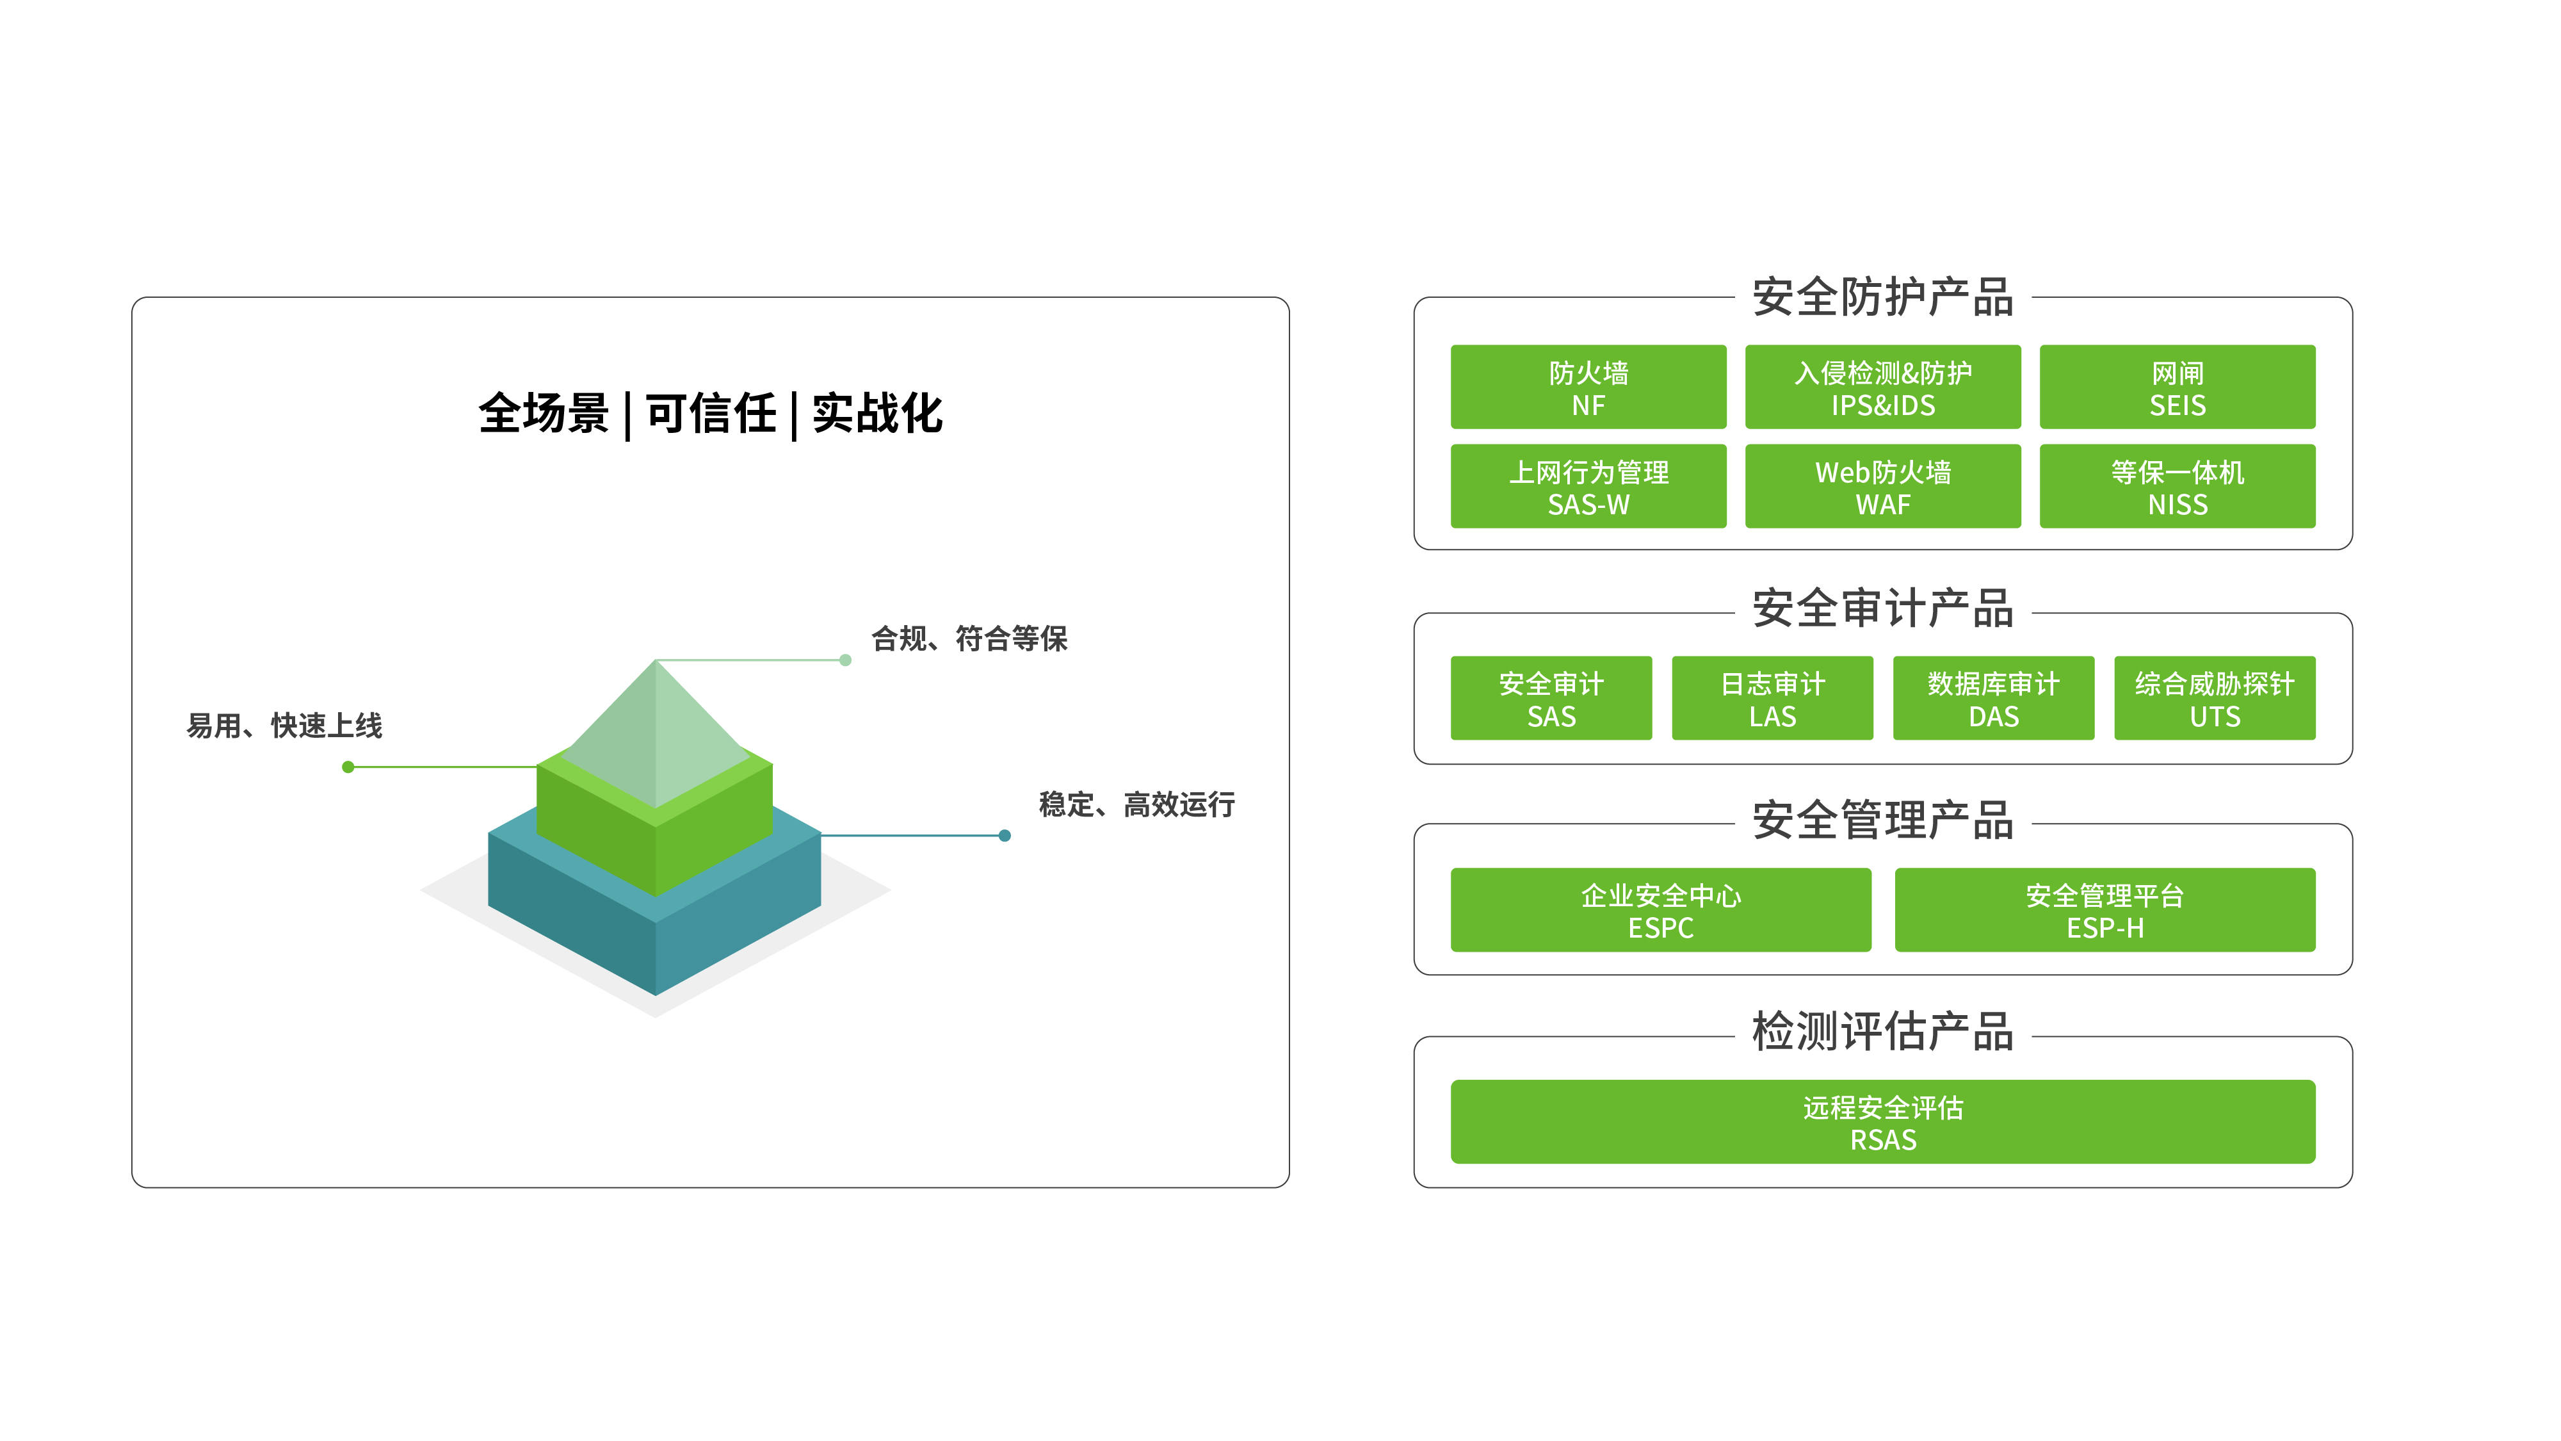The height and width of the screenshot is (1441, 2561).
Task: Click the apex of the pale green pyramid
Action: (x=656, y=660)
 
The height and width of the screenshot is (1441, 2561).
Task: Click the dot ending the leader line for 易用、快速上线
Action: (x=348, y=767)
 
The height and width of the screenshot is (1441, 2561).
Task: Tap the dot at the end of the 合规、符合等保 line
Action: (x=845, y=660)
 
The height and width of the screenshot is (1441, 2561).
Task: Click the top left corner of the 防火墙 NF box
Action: (x=1451, y=346)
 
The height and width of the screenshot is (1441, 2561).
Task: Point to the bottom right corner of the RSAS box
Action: (x=2315, y=1162)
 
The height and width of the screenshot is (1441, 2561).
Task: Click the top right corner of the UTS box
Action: (x=2315, y=656)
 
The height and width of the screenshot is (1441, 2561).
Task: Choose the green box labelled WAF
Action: (x=1883, y=486)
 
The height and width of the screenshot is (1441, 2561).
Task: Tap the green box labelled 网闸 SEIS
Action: (x=2177, y=387)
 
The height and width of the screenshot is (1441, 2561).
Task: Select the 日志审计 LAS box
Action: (x=1773, y=697)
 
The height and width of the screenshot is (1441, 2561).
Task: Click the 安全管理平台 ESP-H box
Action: (x=2105, y=910)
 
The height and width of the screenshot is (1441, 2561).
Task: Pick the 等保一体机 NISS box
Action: (x=2177, y=486)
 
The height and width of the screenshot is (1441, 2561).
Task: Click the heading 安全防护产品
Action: (x=1883, y=297)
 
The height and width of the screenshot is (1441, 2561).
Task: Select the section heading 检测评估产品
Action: (x=1883, y=1031)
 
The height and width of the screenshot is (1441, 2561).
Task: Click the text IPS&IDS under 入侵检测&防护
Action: (x=1883, y=406)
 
